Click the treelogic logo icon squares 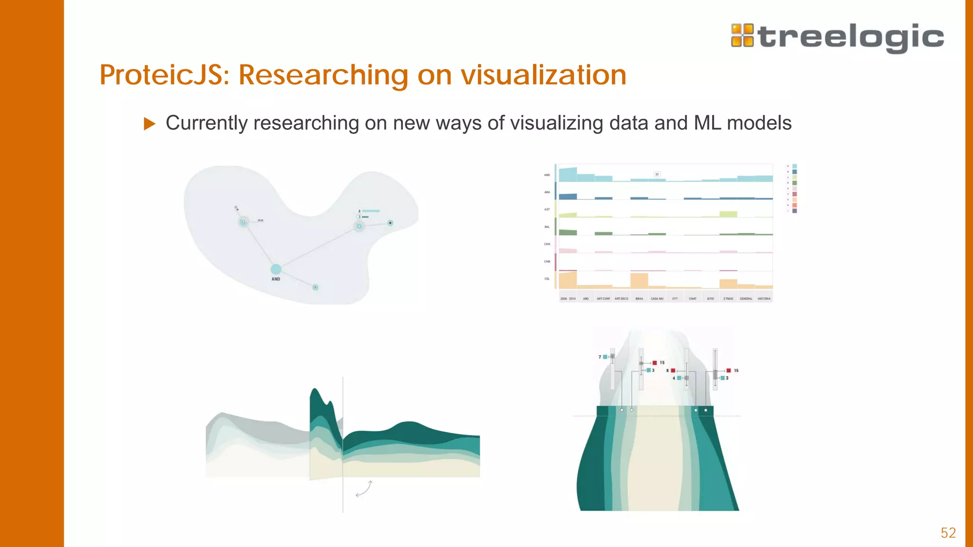[x=742, y=36]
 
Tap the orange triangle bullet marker [x=149, y=124]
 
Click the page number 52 [x=948, y=533]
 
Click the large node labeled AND [x=276, y=269]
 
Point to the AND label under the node [x=276, y=279]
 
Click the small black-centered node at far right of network [x=391, y=223]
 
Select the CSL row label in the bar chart [x=547, y=279]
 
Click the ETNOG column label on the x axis [x=728, y=299]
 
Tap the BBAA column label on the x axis [x=639, y=299]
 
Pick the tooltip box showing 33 [x=657, y=174]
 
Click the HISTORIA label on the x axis [x=764, y=299]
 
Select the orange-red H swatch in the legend [x=794, y=205]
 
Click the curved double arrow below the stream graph [x=364, y=489]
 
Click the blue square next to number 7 [x=605, y=357]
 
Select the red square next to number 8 [x=673, y=370]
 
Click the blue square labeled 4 [x=679, y=378]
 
